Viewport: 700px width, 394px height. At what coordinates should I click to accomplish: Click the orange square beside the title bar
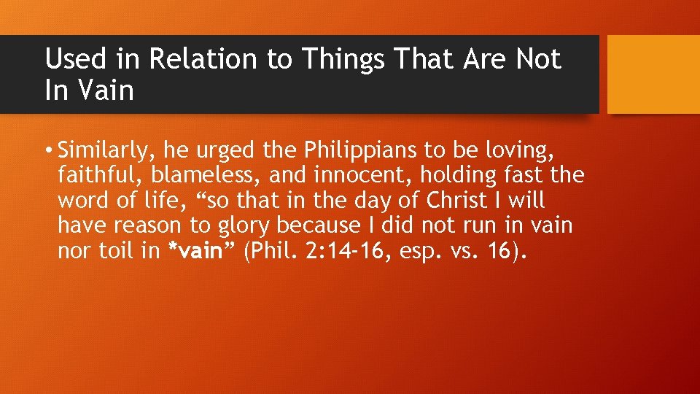click(x=653, y=74)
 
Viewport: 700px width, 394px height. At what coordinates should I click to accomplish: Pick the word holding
click(x=452, y=176)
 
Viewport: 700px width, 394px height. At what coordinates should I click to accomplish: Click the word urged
click(x=237, y=151)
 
